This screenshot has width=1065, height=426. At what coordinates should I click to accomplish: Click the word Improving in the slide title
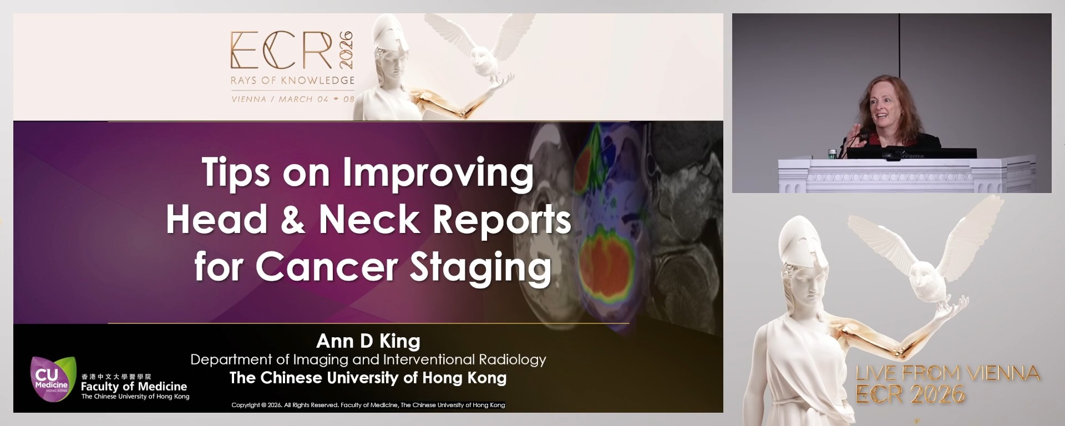tap(438, 174)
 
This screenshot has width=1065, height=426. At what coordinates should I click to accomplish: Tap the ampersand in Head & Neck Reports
tap(293, 220)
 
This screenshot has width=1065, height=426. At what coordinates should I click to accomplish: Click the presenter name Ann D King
tap(368, 341)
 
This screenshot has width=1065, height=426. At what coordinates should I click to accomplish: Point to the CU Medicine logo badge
tap(52, 378)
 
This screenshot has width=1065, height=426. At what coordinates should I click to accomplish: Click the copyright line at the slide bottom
tap(368, 405)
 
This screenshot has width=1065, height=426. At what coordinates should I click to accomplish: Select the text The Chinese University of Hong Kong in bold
tap(368, 378)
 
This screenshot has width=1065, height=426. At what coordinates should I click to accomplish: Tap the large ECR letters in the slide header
tap(281, 51)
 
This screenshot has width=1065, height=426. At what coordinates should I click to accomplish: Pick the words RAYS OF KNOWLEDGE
tap(292, 80)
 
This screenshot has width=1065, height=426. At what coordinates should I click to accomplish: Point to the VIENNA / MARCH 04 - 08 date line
tap(293, 99)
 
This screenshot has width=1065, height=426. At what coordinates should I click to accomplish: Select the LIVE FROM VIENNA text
tap(947, 373)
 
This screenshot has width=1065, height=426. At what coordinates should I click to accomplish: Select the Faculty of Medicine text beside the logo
tap(134, 386)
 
